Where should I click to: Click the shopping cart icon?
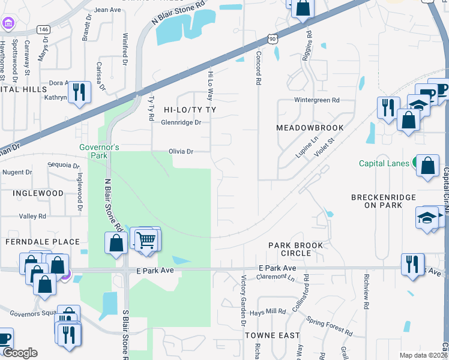pyautogui.click(x=146, y=240)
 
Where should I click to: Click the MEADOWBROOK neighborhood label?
pyautogui.click(x=310, y=128)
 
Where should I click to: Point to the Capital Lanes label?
pyautogui.click(x=384, y=163)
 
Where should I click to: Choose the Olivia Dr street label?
pyautogui.click(x=181, y=152)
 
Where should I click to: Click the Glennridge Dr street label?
pyautogui.click(x=181, y=122)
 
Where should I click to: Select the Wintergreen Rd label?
pyautogui.click(x=316, y=100)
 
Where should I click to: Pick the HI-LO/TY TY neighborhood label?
pyautogui.click(x=189, y=110)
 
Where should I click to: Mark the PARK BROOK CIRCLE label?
pyautogui.click(x=295, y=249)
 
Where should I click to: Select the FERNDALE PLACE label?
pyautogui.click(x=42, y=242)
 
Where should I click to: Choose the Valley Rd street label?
pyautogui.click(x=32, y=216)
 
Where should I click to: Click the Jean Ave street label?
pyautogui.click(x=107, y=10)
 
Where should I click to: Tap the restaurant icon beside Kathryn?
pyautogui.click(x=79, y=92)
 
